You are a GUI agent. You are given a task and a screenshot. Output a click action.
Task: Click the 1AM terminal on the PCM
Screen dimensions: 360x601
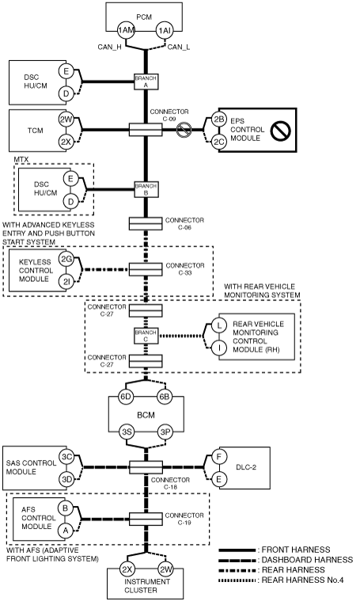coord(126,31)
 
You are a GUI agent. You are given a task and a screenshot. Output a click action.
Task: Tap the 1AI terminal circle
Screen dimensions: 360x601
coord(165,31)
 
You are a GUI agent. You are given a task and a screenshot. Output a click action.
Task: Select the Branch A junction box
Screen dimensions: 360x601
coord(146,82)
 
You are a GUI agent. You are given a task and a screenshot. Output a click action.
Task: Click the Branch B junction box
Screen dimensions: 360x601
coord(146,189)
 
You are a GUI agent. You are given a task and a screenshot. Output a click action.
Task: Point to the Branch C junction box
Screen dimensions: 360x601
coord(146,336)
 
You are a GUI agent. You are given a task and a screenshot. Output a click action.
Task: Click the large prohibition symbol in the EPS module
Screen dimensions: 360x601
coord(281,131)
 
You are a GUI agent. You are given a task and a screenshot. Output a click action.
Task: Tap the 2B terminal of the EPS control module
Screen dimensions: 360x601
coord(219,120)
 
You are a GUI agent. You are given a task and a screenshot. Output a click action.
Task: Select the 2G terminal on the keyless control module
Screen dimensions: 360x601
coord(66,260)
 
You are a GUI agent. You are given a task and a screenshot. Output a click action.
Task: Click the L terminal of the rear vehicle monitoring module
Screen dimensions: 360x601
coord(219,325)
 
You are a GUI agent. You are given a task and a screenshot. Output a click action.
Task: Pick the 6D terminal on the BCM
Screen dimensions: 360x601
coord(126,397)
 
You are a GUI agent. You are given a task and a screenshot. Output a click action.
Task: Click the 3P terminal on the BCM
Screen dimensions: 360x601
coord(165,432)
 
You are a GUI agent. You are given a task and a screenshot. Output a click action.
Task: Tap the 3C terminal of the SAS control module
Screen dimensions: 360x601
coord(67,457)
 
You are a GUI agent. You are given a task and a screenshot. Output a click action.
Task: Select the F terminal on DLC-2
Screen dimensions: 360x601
coord(219,457)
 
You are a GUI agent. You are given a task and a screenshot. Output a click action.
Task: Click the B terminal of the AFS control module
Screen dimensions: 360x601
coord(66,508)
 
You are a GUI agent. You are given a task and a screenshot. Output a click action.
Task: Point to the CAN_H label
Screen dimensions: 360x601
coord(109,48)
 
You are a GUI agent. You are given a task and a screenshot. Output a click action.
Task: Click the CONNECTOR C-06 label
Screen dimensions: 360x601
coord(184,224)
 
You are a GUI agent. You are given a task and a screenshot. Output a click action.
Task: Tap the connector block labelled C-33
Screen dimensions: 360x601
coord(145,269)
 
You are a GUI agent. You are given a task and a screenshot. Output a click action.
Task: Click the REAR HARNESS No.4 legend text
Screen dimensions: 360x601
coord(302,580)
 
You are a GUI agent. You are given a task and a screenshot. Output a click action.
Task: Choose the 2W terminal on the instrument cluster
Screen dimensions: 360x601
coord(166,569)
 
